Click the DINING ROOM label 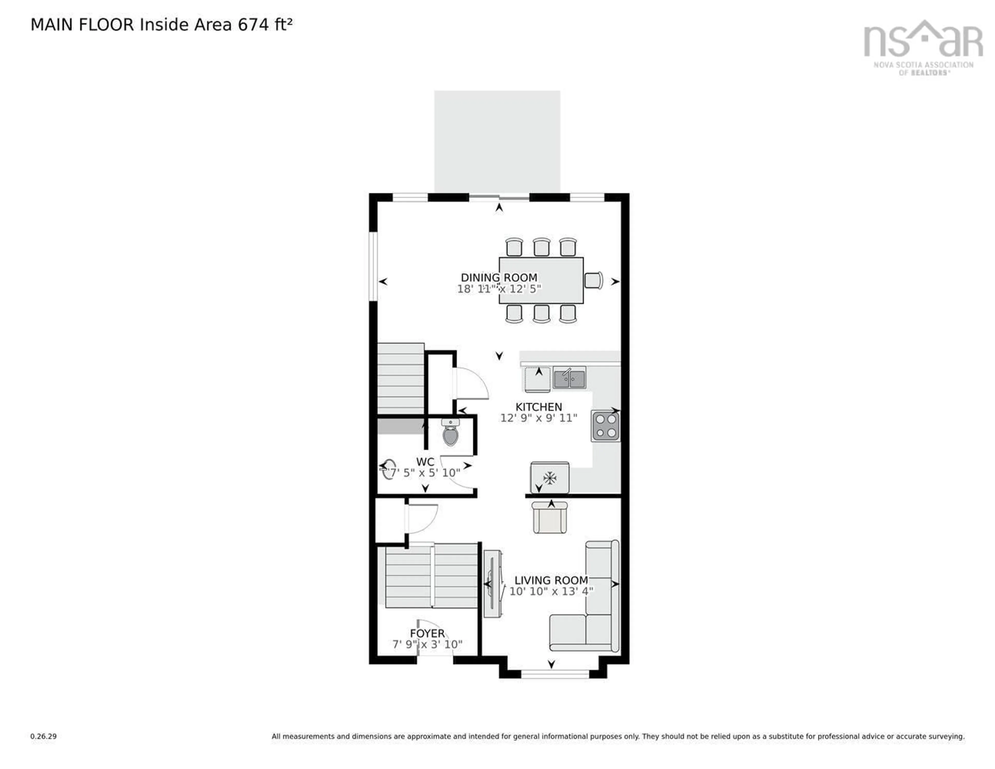[499, 277]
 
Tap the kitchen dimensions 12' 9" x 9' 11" [538, 418]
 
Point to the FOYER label [427, 633]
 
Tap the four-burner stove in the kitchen [606, 426]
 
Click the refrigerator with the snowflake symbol [549, 478]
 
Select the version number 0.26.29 [43, 736]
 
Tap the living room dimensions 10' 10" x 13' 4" [551, 591]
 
